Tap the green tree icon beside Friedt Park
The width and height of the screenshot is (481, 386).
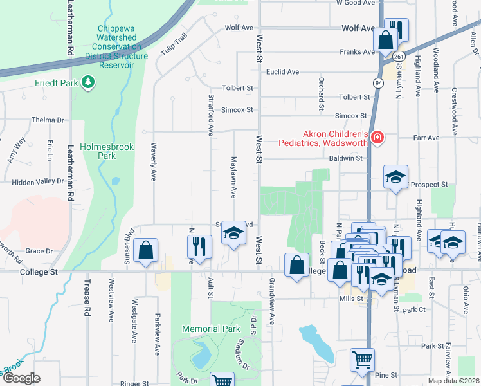(89, 82)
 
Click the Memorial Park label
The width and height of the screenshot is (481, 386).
(211, 329)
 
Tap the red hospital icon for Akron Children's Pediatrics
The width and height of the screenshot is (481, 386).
(377, 137)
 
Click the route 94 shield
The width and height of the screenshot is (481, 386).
(377, 83)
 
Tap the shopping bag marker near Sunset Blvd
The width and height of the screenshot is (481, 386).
(146, 252)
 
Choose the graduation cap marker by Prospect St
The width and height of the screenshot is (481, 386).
(395, 177)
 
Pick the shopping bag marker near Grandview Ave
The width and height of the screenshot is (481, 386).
(296, 266)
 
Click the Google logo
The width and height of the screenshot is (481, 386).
(22, 378)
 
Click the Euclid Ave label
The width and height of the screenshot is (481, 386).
(284, 72)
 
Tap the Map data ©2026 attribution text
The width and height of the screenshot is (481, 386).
(454, 381)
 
